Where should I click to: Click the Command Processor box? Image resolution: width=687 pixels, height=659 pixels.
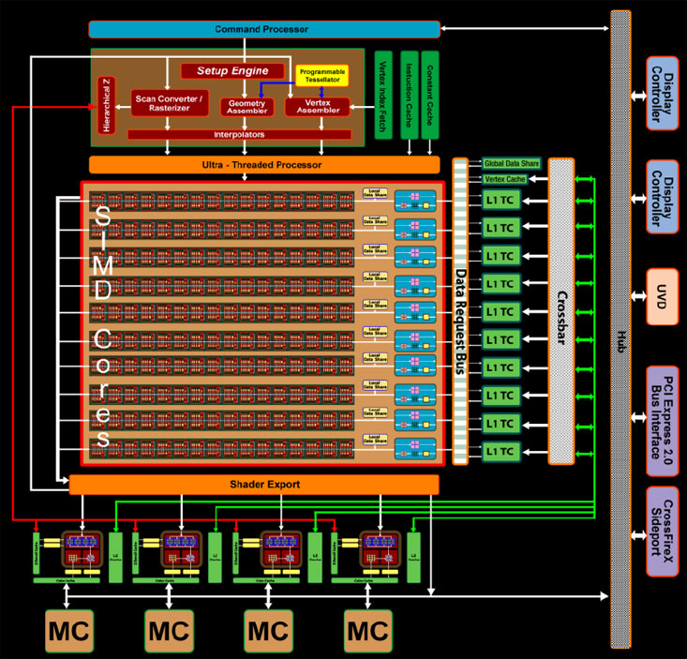pyautogui.click(x=264, y=30)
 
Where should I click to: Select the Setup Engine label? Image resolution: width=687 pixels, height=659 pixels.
pyautogui.click(x=232, y=71)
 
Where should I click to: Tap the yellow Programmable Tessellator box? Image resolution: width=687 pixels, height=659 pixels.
pyautogui.click(x=321, y=76)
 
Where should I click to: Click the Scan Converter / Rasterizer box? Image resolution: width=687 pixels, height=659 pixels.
pyautogui.click(x=170, y=103)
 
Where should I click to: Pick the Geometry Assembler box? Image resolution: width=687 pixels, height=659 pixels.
pyautogui.click(x=247, y=108)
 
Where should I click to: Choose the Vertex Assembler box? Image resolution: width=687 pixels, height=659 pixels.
pyautogui.click(x=317, y=108)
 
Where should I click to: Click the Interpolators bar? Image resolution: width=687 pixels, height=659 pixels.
pyautogui.click(x=240, y=135)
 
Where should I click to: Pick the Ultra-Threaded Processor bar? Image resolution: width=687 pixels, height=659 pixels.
pyautogui.click(x=264, y=165)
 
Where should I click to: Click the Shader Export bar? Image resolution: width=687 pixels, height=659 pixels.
pyautogui.click(x=253, y=484)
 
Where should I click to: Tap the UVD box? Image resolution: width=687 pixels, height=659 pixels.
pyautogui.click(x=662, y=297)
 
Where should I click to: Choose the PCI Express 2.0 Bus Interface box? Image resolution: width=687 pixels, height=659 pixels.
pyautogui.click(x=662, y=409)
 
